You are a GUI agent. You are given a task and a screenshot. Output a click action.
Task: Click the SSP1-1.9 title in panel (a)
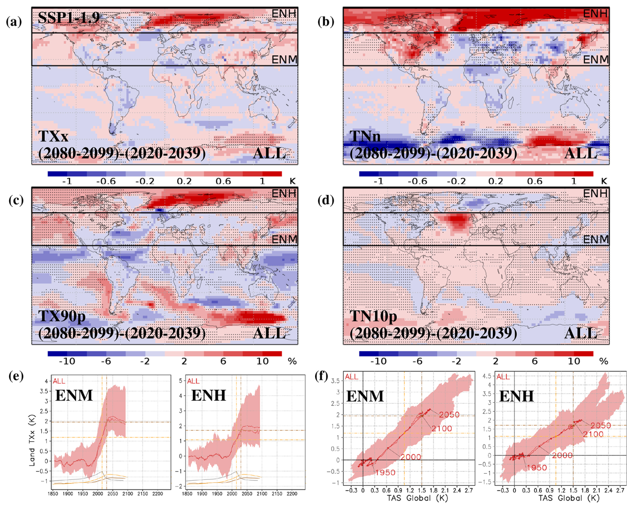click(69, 17)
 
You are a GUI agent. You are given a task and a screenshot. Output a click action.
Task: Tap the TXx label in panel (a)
click(53, 136)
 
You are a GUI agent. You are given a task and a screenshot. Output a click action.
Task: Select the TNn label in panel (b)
click(365, 136)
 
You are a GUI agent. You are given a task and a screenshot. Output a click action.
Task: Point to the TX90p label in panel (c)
click(62, 316)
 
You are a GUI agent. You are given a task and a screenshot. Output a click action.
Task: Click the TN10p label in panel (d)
click(373, 316)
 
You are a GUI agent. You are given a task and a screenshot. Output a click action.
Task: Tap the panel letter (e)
click(16, 376)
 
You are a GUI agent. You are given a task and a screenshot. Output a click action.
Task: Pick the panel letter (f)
click(322, 376)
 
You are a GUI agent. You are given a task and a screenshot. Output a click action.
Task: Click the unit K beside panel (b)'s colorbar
click(604, 181)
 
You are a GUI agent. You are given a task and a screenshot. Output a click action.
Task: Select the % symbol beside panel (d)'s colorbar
click(604, 361)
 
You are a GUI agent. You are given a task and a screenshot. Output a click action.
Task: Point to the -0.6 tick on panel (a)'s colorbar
click(106, 181)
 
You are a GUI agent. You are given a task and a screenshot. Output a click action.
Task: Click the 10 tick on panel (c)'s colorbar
click(262, 361)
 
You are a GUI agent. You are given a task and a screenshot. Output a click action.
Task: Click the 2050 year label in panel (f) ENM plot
click(449, 415)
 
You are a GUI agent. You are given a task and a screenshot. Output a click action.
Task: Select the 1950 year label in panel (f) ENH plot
click(537, 468)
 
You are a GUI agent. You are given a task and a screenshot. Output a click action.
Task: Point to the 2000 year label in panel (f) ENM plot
click(411, 457)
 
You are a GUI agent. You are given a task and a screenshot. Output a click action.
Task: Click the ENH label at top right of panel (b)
click(595, 14)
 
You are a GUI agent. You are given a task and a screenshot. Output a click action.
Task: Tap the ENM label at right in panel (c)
click(284, 239)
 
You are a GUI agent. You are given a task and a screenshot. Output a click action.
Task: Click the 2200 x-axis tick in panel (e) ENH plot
click(292, 494)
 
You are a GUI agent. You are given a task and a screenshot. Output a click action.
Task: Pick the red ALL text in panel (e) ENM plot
click(59, 381)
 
